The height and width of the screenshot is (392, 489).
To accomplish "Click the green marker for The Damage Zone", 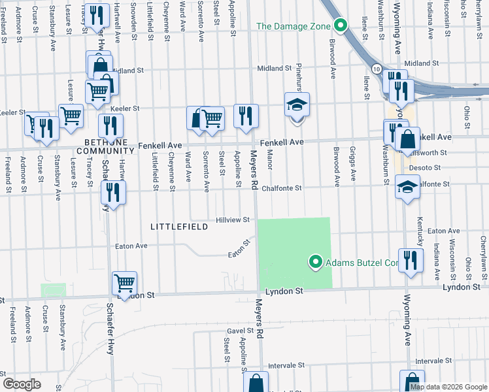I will click(340, 26).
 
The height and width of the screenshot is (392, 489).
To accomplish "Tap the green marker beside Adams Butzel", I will click(314, 263).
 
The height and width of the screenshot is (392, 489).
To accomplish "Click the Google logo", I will click(21, 384).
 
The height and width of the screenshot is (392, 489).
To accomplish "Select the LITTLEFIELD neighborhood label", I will click(179, 227).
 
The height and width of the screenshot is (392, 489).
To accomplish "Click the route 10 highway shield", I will click(376, 68).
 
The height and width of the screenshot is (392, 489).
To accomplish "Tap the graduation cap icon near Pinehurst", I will click(297, 105).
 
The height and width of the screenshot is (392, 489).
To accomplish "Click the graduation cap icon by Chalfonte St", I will click(407, 188).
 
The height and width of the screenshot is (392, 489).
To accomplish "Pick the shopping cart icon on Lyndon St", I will click(124, 283).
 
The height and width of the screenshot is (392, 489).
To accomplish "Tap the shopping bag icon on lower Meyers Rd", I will click(256, 383).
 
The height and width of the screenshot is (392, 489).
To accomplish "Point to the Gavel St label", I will click(239, 331).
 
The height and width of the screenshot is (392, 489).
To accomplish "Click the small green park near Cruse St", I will click(53, 290).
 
